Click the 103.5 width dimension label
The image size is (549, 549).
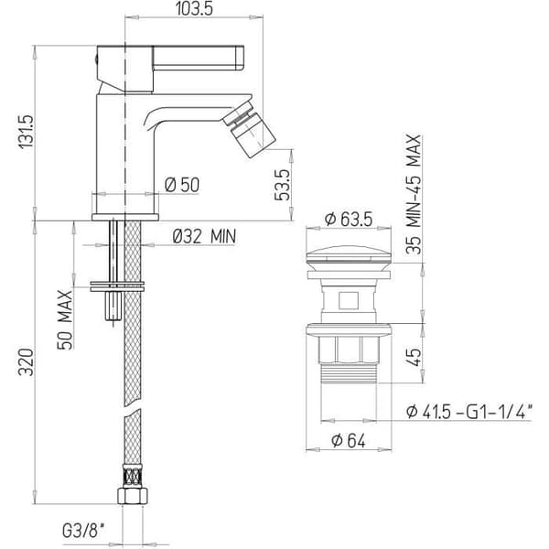[x=194, y=9]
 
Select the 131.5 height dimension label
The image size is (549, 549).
[x=27, y=132]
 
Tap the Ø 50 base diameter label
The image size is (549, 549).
[x=182, y=185]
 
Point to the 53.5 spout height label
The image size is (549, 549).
[x=282, y=185]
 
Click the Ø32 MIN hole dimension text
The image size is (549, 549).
[x=204, y=236]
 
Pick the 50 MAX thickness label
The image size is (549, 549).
[x=65, y=319]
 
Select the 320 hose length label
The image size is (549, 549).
[x=27, y=362]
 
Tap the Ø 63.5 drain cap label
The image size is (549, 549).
[x=349, y=220]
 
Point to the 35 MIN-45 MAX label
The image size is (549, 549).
[x=414, y=194]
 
